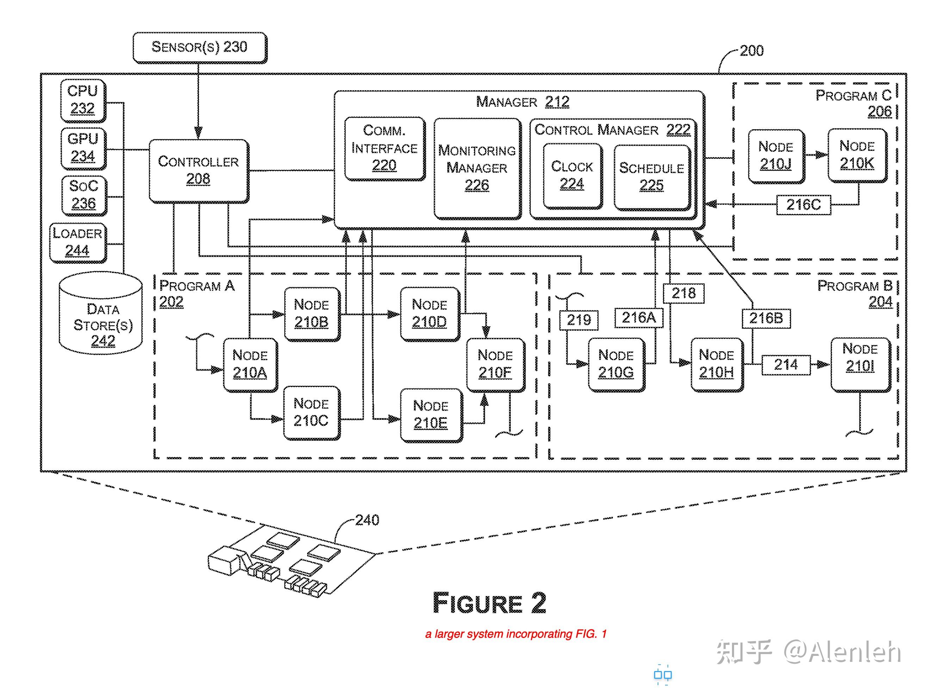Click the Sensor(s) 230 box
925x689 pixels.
[x=199, y=47]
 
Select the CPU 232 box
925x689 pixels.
[x=82, y=100]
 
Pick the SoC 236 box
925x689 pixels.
[x=83, y=195]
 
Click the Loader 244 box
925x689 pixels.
[x=77, y=243]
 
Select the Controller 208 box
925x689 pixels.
[x=199, y=170]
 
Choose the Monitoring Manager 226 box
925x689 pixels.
[x=477, y=168]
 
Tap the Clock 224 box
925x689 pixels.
[x=572, y=175]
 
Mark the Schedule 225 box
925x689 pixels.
[x=651, y=177]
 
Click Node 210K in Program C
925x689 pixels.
[x=857, y=155]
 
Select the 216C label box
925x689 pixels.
[x=803, y=205]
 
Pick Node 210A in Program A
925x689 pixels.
[x=250, y=365]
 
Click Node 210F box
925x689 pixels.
[x=495, y=365]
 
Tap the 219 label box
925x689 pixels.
[x=578, y=320]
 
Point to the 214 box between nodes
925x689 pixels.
[x=786, y=365]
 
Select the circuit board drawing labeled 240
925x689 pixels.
[x=292, y=561]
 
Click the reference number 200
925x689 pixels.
[x=751, y=51]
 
